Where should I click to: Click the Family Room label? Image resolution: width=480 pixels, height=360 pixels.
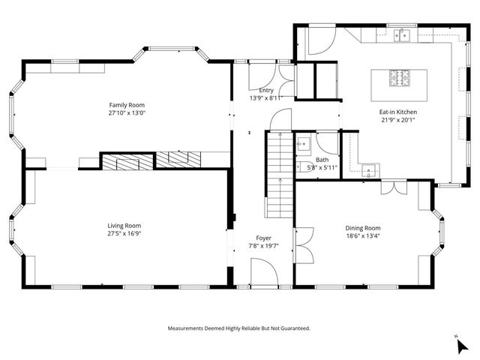[x=127, y=105]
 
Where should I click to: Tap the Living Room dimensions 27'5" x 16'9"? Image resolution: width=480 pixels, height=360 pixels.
[x=124, y=233]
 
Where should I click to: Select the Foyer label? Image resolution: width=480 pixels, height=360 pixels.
[x=263, y=238]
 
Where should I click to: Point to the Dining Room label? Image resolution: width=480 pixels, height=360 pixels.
[x=363, y=228]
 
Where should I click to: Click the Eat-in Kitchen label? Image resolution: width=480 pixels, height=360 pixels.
[x=398, y=112]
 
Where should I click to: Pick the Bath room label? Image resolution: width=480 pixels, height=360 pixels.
[x=322, y=160]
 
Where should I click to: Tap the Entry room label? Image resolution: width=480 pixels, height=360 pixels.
[x=266, y=90]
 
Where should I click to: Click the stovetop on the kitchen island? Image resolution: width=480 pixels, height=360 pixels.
[x=400, y=78]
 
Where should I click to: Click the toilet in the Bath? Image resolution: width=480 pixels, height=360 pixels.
[x=305, y=167]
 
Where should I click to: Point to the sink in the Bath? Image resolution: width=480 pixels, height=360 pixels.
[x=303, y=143]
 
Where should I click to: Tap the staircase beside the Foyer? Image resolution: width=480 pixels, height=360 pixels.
[x=280, y=175]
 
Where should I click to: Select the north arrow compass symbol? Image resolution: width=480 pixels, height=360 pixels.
[x=462, y=346]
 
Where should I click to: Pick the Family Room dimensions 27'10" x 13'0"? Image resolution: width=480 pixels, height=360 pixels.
[x=127, y=113]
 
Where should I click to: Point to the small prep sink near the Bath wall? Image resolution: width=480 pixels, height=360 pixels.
[x=369, y=170]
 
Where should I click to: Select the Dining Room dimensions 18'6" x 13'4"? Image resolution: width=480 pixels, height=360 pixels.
[x=363, y=236]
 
